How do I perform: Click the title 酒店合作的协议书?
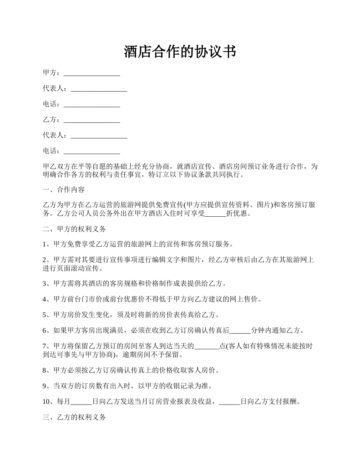click(180, 52)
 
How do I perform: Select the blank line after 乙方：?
click(92, 120)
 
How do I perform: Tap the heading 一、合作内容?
click(66, 190)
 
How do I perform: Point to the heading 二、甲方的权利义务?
click(74, 229)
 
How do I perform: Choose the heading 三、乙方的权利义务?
click(74, 417)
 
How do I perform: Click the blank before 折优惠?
click(215, 213)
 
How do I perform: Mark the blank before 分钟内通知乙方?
click(240, 330)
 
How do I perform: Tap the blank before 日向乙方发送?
click(81, 402)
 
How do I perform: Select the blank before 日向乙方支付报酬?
click(230, 402)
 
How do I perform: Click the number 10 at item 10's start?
click(46, 402)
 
